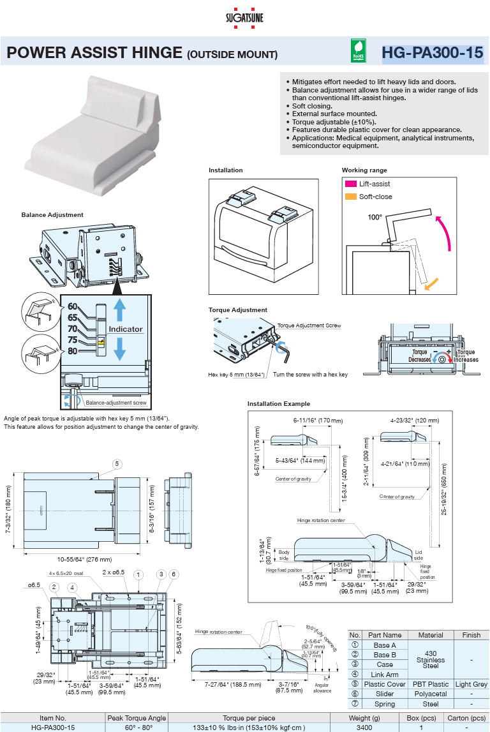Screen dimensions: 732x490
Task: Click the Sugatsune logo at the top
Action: (x=244, y=17)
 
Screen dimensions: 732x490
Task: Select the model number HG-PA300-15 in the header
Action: (x=432, y=53)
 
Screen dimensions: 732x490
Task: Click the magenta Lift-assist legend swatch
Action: (x=350, y=184)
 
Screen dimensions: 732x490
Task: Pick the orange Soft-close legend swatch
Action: (x=350, y=197)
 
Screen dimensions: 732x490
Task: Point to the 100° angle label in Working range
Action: (x=375, y=217)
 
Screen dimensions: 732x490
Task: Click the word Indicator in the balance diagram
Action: (x=125, y=329)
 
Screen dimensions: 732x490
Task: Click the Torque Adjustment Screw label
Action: (x=309, y=325)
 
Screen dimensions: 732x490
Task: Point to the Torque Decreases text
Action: (x=419, y=355)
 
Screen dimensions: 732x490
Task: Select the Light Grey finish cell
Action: (x=471, y=684)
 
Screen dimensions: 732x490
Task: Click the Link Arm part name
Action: (x=385, y=675)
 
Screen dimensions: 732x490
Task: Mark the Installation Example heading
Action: (x=279, y=404)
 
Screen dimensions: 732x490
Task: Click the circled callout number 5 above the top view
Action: (x=117, y=463)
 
